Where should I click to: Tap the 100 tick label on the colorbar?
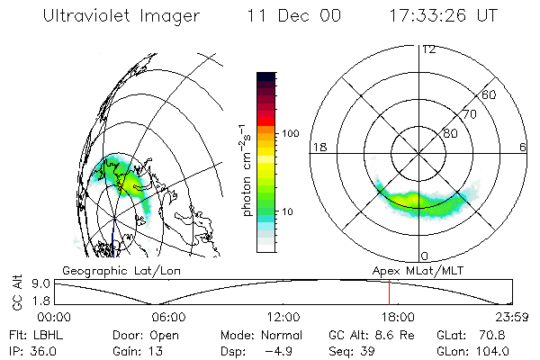coord(290,134)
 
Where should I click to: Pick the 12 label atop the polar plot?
coord(428,49)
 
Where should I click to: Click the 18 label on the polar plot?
coord(318,148)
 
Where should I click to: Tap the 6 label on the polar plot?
coord(523,148)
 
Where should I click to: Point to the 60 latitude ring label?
coord(490,95)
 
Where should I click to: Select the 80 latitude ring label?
coord(450,133)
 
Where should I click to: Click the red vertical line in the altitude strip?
coord(389,292)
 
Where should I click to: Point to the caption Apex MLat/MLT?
coord(415,270)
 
